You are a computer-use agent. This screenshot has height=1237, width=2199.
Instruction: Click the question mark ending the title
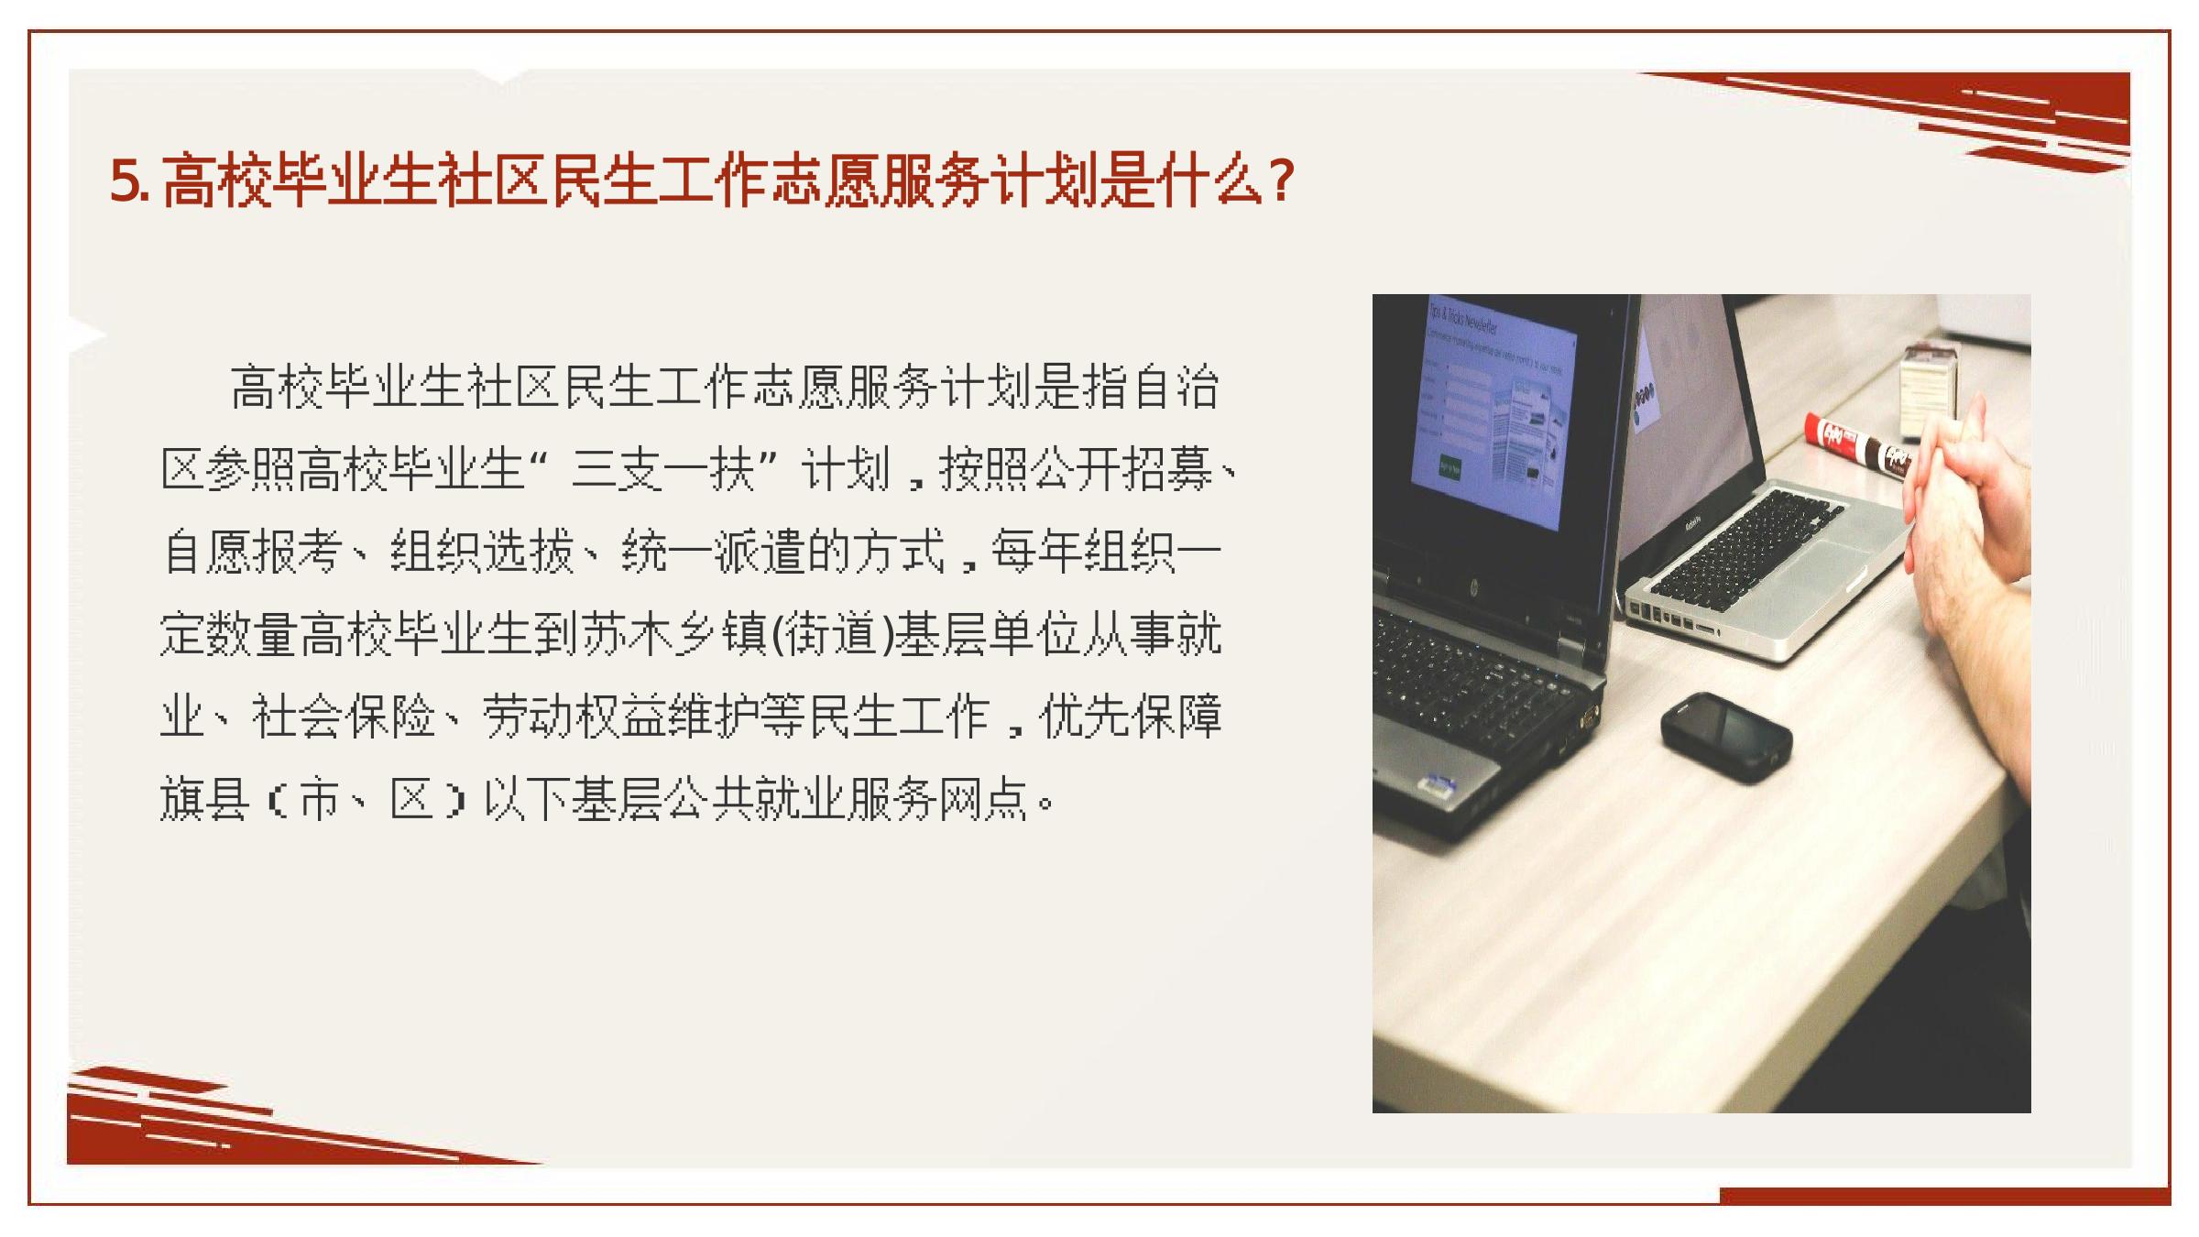(x=1283, y=181)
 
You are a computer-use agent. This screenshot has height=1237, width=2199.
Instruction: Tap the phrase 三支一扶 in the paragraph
(x=662, y=470)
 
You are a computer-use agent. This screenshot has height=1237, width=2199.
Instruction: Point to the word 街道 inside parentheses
(x=831, y=634)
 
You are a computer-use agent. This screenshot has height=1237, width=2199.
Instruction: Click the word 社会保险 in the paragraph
(x=344, y=717)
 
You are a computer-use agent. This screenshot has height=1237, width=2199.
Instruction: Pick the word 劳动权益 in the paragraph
(x=574, y=717)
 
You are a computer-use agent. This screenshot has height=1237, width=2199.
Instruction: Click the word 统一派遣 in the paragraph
(x=714, y=552)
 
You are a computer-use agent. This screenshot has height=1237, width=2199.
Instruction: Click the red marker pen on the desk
(x=1860, y=446)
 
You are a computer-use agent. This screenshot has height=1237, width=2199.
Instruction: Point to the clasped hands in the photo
(x=1961, y=513)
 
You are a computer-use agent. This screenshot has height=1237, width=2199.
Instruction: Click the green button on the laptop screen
(x=1450, y=466)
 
